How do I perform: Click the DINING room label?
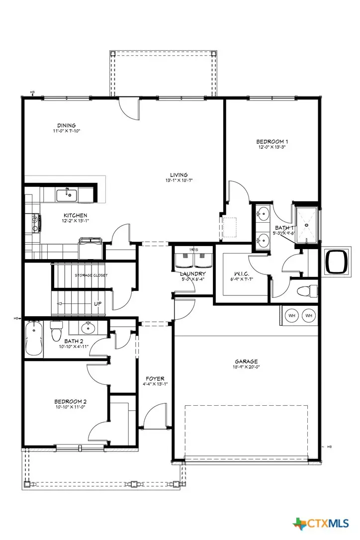[x=66, y=125]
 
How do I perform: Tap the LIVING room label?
[x=179, y=175]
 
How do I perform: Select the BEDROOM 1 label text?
[x=272, y=141]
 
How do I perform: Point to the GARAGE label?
[x=246, y=361]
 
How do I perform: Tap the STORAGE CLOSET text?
[x=91, y=275]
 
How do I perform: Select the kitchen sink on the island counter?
[x=66, y=195]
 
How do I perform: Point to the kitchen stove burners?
[x=35, y=222]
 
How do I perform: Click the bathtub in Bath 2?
[x=34, y=339]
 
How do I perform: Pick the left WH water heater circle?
[x=292, y=315]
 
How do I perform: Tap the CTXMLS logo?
[x=321, y=524]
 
